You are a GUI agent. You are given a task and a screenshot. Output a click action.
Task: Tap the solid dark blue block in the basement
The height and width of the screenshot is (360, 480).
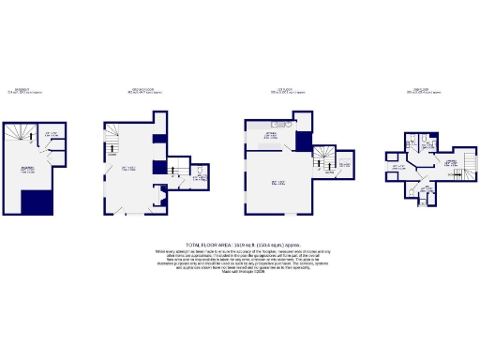tap(37, 201)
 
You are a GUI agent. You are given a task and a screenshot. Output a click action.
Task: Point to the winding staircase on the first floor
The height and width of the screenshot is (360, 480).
tap(323, 157)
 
